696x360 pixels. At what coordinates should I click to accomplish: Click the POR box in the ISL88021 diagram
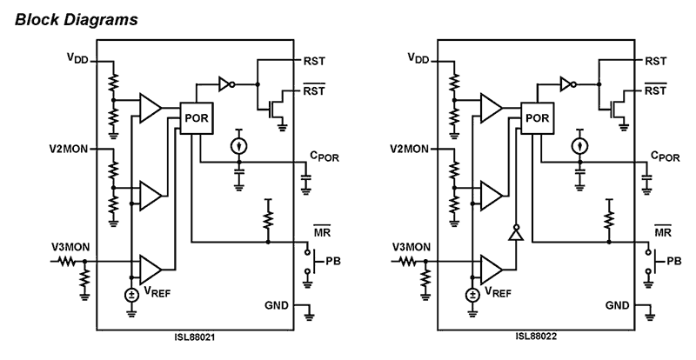[x=197, y=118]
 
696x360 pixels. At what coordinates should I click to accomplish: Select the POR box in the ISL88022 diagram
[x=537, y=118]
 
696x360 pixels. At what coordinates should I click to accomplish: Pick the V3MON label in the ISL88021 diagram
[x=70, y=249]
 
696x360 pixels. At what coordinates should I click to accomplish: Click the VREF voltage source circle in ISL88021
[x=131, y=293]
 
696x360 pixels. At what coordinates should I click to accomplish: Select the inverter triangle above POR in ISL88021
[x=225, y=85]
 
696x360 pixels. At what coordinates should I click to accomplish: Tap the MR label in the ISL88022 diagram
[x=662, y=233]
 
